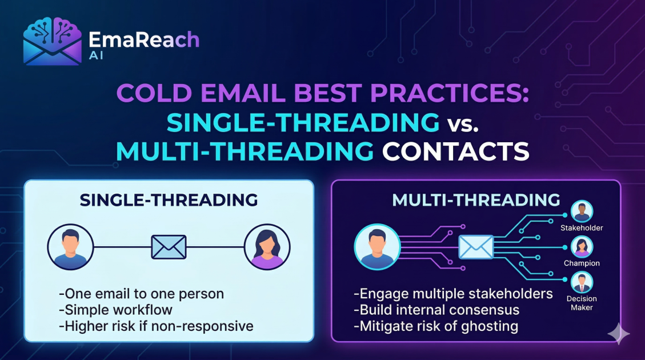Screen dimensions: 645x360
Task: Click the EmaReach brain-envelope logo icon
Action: pos(52,41)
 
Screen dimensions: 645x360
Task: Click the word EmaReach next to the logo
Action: pos(144,40)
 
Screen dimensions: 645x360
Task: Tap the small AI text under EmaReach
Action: pos(96,55)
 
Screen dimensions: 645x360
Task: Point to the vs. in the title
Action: pos(463,123)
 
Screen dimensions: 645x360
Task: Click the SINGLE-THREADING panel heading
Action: pos(169,200)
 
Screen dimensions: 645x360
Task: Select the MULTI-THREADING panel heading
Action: pos(476,200)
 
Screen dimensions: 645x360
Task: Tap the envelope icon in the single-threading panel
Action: pos(169,247)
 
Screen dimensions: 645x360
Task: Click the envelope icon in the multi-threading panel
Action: pos(476,247)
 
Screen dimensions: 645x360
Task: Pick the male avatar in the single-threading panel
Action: pos(70,247)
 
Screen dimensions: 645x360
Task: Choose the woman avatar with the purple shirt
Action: pos(267,247)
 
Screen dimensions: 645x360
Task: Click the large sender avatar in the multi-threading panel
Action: pos(377,247)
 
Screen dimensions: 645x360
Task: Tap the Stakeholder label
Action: pos(582,228)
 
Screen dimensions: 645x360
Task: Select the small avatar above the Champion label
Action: pos(582,247)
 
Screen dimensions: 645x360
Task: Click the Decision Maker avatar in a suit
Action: pos(582,282)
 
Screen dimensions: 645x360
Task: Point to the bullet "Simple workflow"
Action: pos(116,310)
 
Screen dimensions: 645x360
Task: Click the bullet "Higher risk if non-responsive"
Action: pos(157,326)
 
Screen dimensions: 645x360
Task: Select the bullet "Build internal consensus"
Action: pos(436,310)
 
